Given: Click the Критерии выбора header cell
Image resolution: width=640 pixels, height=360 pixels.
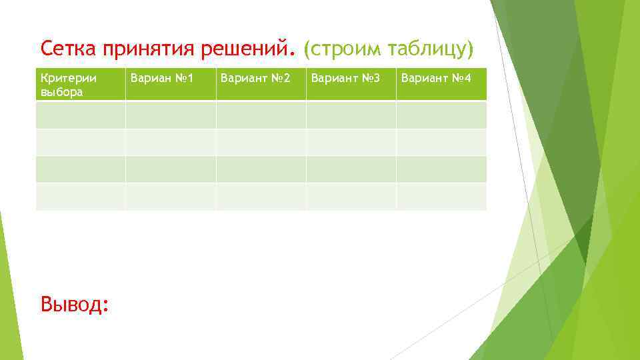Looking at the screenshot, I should coord(81,85).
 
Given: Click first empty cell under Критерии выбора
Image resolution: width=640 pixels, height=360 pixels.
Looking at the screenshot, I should coord(81,115).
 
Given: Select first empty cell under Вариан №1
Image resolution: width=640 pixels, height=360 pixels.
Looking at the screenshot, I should coord(171,115).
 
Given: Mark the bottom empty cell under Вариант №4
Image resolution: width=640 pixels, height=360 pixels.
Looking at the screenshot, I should coord(441,196).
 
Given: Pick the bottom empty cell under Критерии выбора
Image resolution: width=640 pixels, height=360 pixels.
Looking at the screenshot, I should coord(81,196).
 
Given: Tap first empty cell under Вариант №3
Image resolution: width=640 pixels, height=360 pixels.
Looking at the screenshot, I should coord(351,115).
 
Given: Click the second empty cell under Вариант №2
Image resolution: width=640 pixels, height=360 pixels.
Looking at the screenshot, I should coord(261,142).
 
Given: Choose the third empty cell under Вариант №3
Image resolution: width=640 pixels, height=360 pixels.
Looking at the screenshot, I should coord(351,169).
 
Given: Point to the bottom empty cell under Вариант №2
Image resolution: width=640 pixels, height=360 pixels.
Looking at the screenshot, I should coord(261,196).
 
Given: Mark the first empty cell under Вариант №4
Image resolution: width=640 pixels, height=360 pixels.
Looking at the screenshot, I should coord(441,115).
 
